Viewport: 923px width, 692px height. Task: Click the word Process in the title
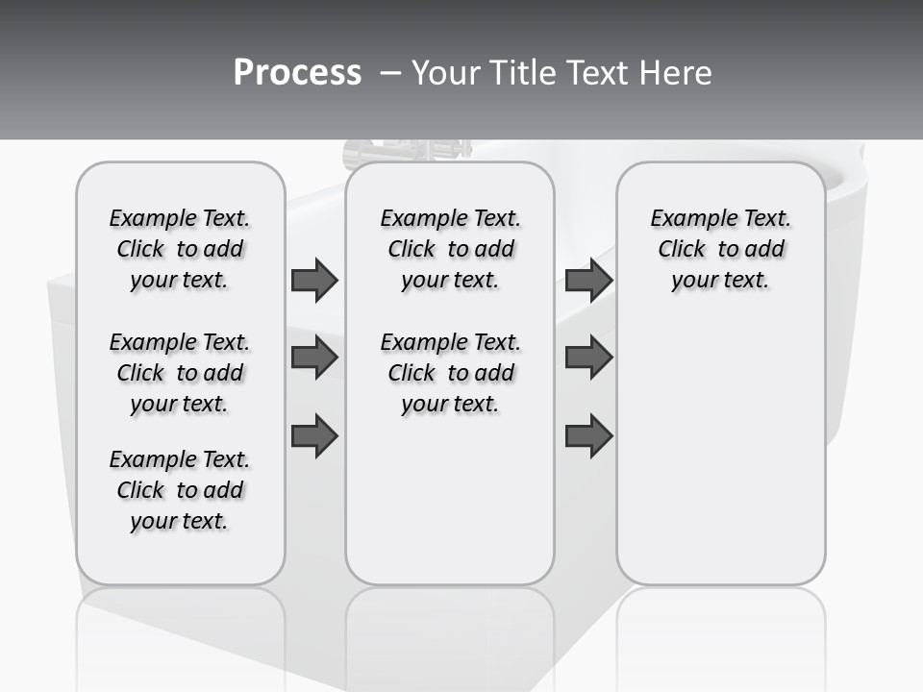click(297, 73)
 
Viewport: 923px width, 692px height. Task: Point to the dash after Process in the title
click(389, 73)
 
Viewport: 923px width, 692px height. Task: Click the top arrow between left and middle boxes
click(314, 281)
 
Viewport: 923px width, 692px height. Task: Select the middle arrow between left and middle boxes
click(314, 358)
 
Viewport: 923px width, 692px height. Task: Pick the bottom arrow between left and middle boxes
click(314, 436)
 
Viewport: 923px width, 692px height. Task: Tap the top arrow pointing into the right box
click(588, 281)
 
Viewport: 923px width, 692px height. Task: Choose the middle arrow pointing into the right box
click(588, 358)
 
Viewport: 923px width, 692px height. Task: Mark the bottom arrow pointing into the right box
click(588, 436)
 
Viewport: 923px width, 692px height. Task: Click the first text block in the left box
click(180, 249)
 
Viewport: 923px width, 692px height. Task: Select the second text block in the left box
click(180, 373)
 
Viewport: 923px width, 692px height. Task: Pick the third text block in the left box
click(180, 490)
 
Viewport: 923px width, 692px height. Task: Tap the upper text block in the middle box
click(450, 249)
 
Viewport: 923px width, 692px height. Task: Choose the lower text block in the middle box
click(450, 373)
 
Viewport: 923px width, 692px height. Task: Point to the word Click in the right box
click(682, 250)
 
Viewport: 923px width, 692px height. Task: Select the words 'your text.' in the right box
click(720, 281)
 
